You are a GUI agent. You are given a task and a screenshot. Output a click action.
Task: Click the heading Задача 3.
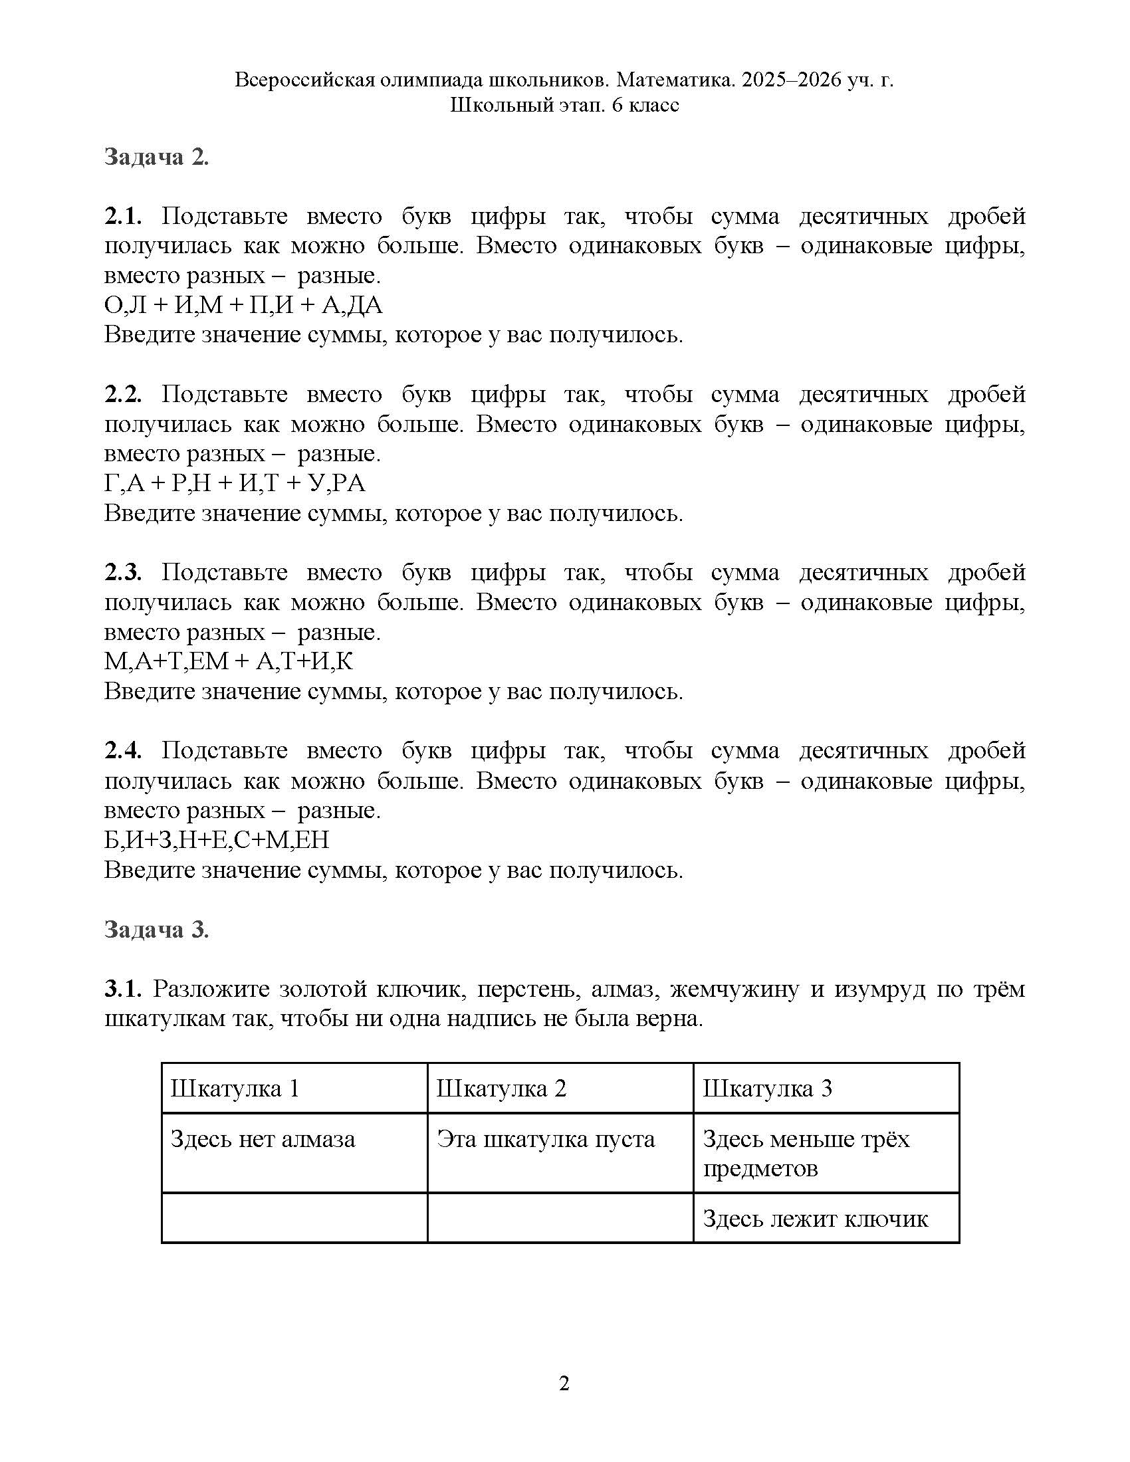[157, 930]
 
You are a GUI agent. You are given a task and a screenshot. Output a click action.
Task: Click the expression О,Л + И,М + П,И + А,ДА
[243, 305]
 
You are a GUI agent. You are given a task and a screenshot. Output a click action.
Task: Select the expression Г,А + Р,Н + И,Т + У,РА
[235, 483]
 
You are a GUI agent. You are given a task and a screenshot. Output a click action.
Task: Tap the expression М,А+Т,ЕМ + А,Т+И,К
[228, 661]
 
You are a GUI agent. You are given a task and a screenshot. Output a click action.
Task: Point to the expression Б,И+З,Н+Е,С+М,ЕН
[217, 839]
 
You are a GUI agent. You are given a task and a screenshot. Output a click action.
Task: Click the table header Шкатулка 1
[234, 1089]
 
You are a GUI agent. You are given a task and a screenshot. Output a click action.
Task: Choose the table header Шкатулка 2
[501, 1089]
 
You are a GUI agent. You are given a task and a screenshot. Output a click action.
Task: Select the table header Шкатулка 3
[767, 1089]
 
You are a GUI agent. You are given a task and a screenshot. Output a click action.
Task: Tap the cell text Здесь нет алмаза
[263, 1139]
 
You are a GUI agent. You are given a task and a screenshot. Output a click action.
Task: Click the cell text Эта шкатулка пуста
[546, 1139]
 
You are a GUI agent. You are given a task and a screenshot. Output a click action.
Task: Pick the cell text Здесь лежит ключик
[816, 1219]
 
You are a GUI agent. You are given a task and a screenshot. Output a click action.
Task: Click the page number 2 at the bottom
[564, 1384]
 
